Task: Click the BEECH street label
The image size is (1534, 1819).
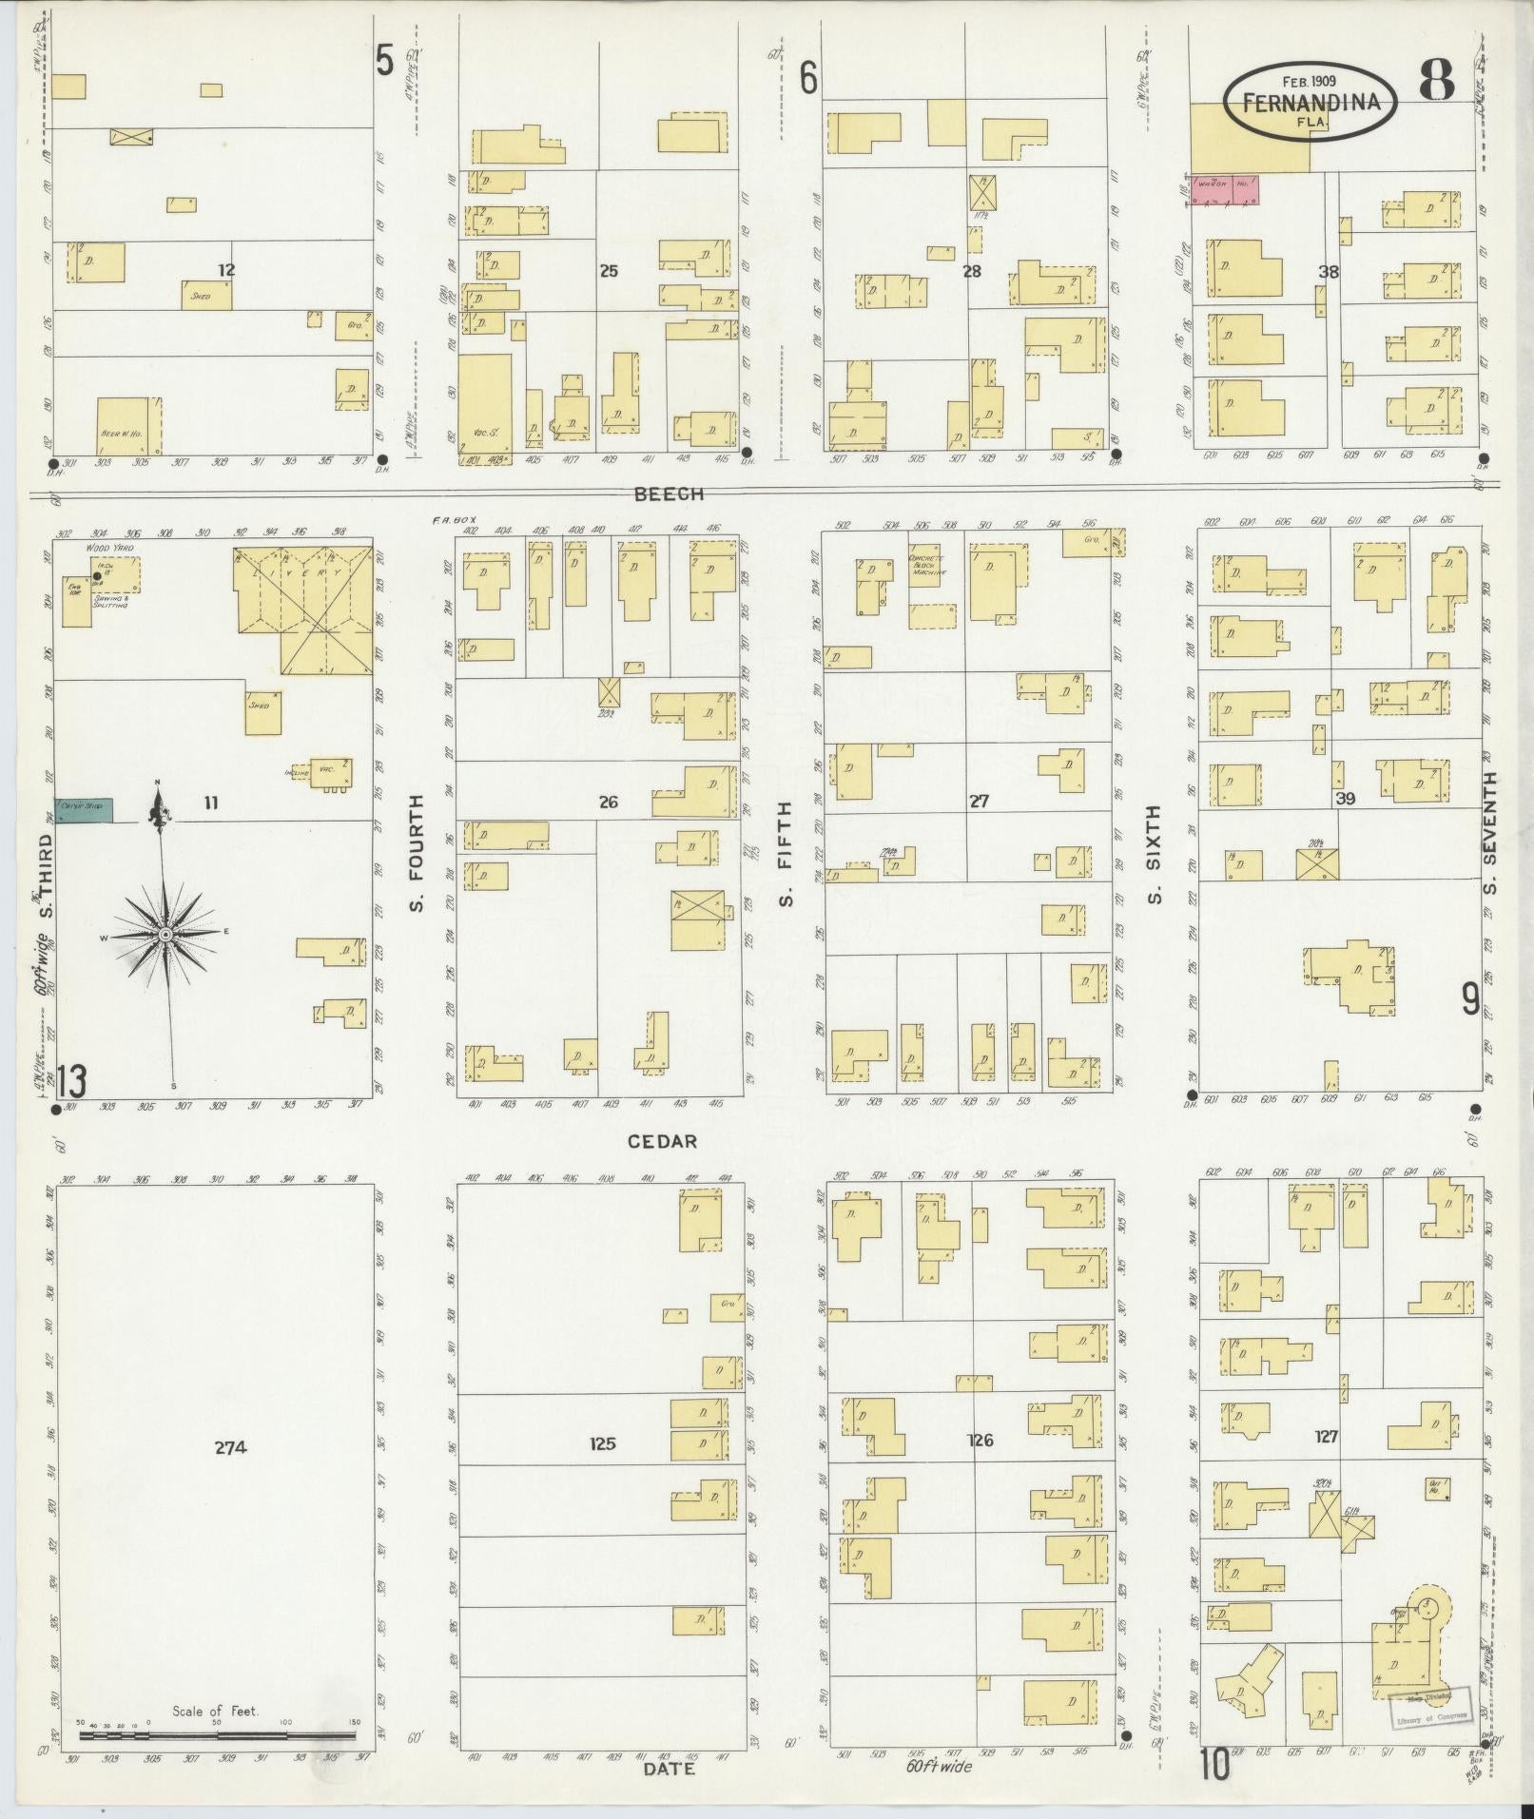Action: (x=670, y=494)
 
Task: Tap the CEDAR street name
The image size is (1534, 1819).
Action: (x=663, y=1141)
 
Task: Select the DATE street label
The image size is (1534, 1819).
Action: (x=669, y=1769)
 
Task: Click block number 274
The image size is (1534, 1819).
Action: (x=230, y=1448)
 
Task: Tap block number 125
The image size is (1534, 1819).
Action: (x=603, y=1443)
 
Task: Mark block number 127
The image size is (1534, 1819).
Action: (x=1326, y=1436)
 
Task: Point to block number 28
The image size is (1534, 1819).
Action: (x=971, y=272)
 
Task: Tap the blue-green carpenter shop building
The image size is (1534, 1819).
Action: (x=84, y=809)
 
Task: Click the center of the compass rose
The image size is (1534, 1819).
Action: (x=165, y=936)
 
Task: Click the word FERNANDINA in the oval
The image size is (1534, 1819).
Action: (x=1310, y=103)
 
